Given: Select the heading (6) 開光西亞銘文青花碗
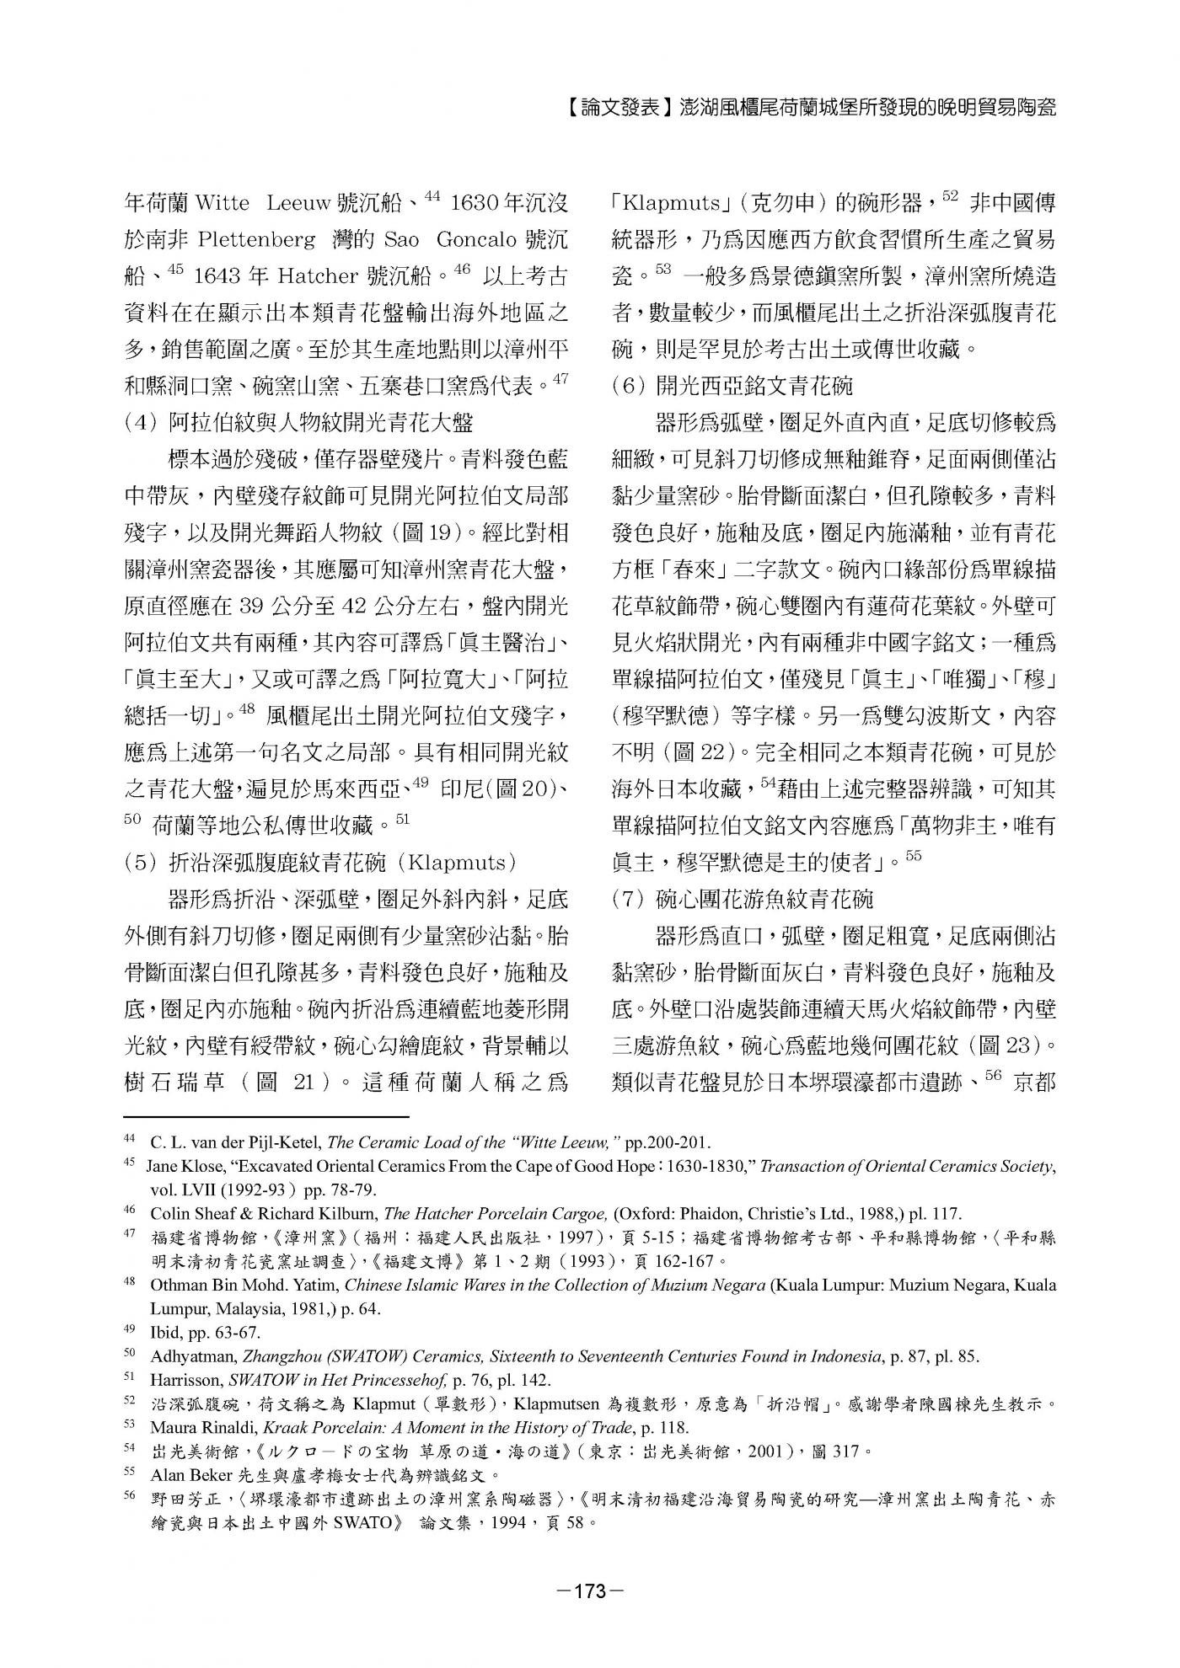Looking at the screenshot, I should (x=732, y=386).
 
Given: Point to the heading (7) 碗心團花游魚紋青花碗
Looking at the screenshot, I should (x=743, y=900).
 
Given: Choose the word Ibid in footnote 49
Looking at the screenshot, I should (x=164, y=1333).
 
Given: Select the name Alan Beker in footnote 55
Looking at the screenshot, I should (x=186, y=1474).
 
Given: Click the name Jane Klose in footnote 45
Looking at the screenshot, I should (x=182, y=1167).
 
